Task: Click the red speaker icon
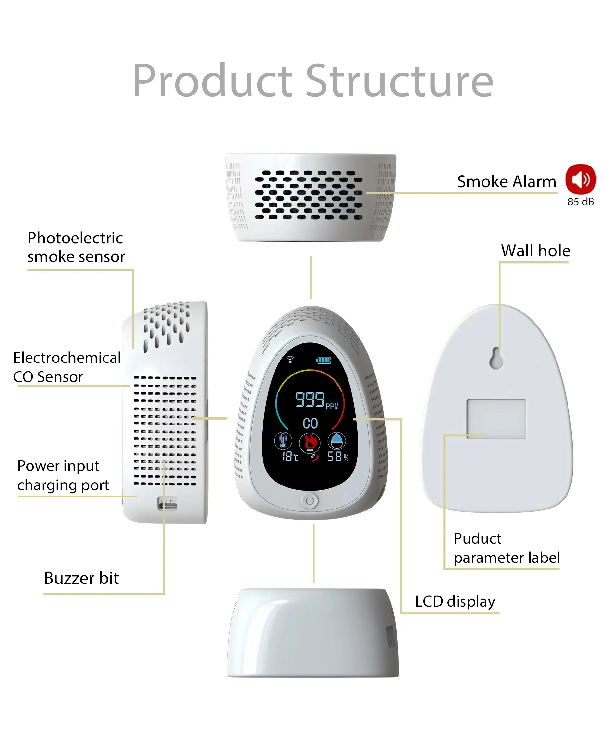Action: coord(580,179)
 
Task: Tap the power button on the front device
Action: coord(310,501)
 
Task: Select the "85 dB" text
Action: coord(580,202)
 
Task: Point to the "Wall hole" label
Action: coord(535,251)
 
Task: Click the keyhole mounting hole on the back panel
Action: coord(496,358)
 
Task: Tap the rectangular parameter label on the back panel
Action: coord(496,419)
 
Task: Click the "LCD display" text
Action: coord(455,601)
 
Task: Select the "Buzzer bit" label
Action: coord(81,578)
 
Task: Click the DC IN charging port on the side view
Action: coord(167,503)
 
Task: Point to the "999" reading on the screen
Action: coord(309,399)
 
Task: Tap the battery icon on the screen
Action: coord(324,360)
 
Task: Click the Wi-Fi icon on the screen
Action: coord(290,360)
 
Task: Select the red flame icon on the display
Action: coord(310,442)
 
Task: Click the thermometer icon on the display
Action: coord(283,441)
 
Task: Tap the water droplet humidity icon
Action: coord(336,441)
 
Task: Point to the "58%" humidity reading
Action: coord(338,457)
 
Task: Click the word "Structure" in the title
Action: coord(399,81)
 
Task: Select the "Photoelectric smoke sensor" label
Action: coord(76,247)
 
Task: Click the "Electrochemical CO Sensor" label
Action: coord(67,367)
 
